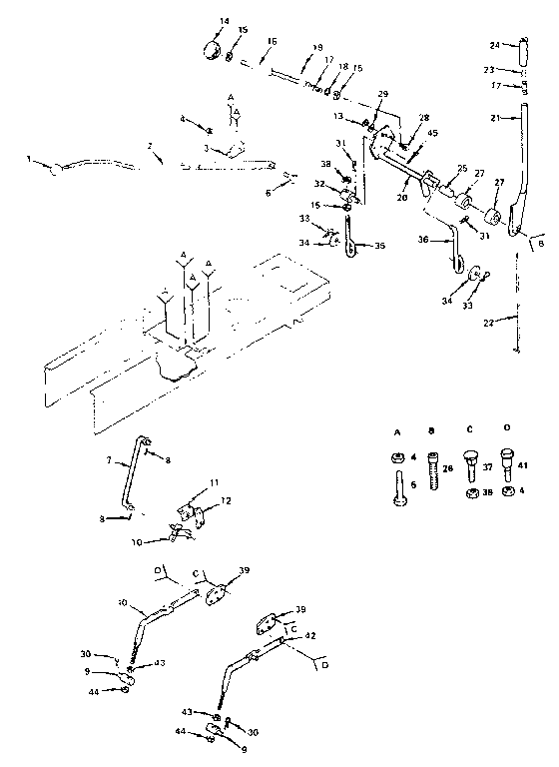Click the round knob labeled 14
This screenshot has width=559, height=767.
tap(213, 50)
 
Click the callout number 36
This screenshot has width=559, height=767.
tap(422, 240)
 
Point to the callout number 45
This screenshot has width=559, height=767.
tap(432, 134)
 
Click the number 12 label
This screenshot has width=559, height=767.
tap(226, 499)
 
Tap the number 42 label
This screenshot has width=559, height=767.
tap(310, 635)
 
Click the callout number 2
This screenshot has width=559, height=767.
tap(149, 147)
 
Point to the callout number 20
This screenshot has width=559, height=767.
tap(402, 198)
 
